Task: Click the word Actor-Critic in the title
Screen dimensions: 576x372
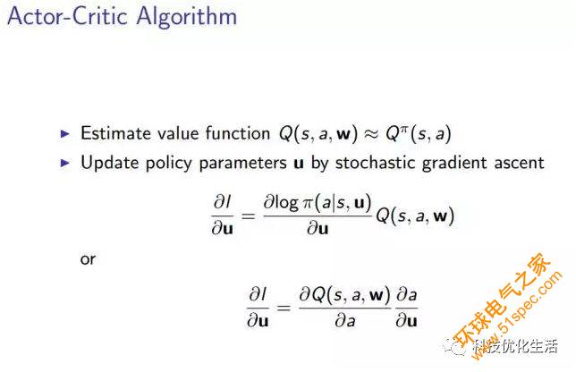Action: pos(67,16)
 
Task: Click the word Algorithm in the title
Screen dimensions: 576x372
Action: pos(187,17)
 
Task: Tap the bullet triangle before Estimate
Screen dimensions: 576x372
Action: pos(65,133)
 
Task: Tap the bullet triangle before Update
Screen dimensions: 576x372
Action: pos(65,163)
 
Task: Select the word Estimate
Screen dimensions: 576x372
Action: pos(115,133)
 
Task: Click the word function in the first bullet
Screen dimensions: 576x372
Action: pos(238,132)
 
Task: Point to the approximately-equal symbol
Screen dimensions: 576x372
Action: pos(371,134)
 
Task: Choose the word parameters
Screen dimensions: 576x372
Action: pos(242,164)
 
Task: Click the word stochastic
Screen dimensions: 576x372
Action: pos(375,163)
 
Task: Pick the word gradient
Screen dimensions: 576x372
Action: pos(454,163)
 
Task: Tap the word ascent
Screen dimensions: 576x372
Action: pos(519,164)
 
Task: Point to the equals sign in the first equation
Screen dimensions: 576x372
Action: pos(248,216)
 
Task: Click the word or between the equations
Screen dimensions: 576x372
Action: pos(88,260)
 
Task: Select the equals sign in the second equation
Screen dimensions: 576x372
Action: pos(284,307)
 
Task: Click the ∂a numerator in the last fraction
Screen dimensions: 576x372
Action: pos(407,294)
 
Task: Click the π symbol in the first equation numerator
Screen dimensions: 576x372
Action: pos(307,204)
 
